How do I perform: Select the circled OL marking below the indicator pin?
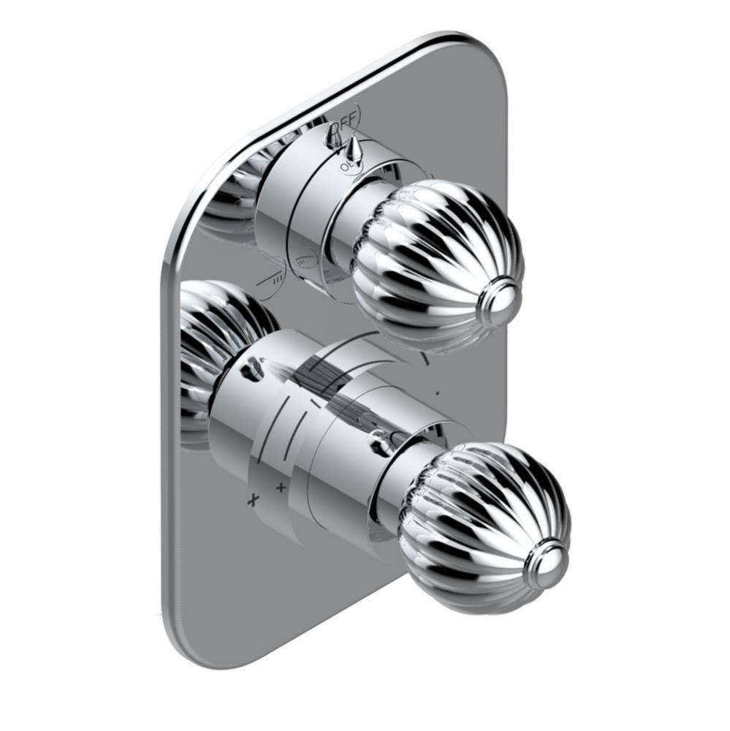345,167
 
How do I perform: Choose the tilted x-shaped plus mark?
254,500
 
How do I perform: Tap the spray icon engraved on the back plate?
275,277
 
